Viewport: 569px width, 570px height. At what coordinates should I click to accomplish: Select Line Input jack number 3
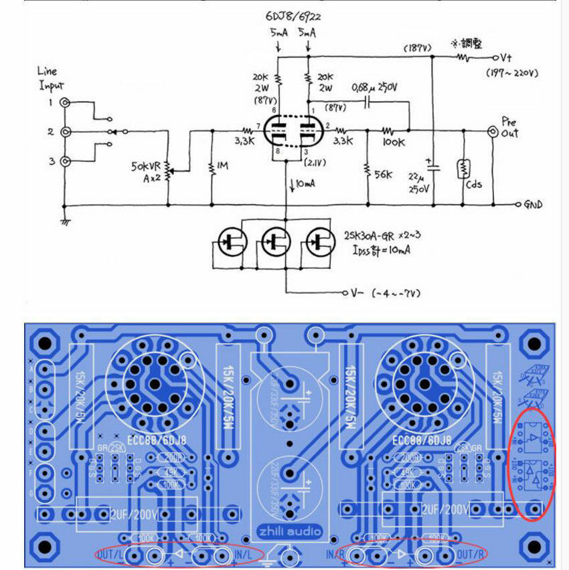[66, 161]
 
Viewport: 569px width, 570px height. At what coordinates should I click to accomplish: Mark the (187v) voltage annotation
[416, 49]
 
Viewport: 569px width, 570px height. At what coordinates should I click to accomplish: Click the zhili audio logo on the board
[289, 532]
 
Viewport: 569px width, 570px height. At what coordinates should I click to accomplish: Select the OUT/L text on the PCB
[109, 555]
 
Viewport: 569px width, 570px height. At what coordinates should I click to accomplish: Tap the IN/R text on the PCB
[335, 555]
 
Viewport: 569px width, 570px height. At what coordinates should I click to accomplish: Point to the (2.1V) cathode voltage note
[317, 163]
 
